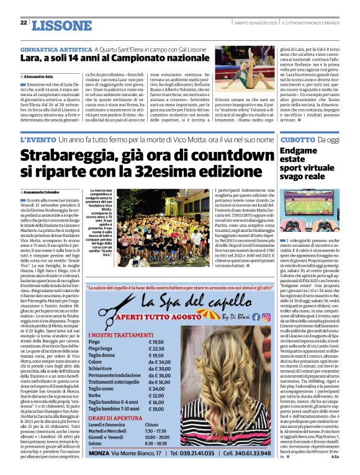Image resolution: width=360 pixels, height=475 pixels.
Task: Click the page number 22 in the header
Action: pyautogui.click(x=23, y=23)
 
